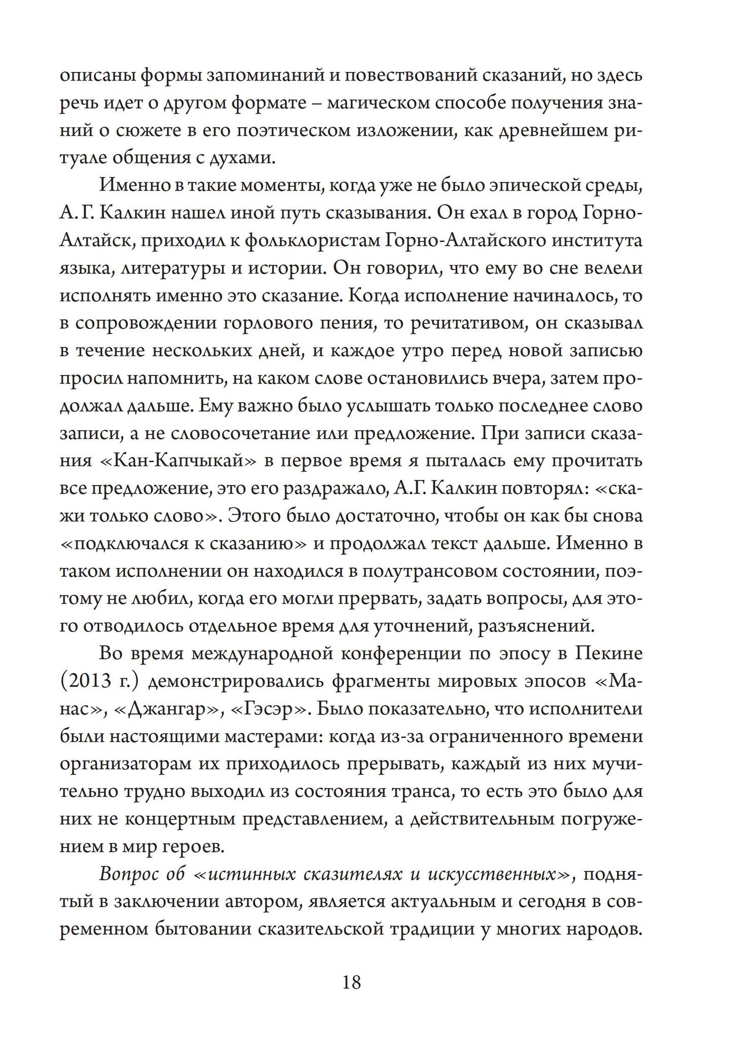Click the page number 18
[x=352, y=983]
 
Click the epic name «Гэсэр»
[x=269, y=708]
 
